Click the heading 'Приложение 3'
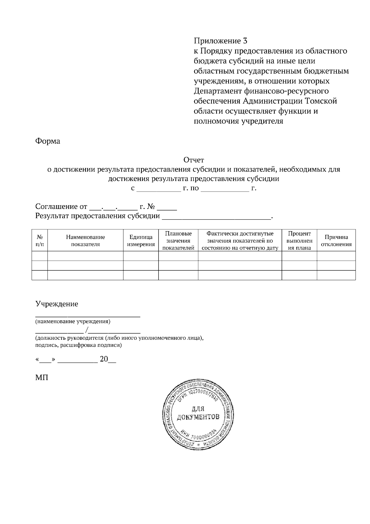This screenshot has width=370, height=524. [220, 40]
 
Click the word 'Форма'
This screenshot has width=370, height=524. [48, 141]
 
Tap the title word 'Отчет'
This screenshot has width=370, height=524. [194, 160]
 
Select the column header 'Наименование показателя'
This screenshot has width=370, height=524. [85, 241]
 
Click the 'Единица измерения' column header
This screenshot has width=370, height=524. [141, 241]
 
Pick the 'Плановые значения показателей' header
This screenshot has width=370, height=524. [178, 241]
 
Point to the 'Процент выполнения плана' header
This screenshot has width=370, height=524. [299, 241]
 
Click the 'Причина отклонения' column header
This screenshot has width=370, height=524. [336, 241]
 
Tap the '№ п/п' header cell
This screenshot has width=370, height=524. [40, 241]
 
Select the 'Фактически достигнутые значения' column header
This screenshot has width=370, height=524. [240, 241]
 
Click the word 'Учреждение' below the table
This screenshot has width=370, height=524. [57, 304]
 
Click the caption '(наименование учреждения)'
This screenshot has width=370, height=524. [73, 322]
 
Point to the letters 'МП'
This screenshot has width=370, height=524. [42, 377]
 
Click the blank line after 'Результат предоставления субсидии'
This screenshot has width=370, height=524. [216, 217]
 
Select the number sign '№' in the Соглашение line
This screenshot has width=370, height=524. [151, 206]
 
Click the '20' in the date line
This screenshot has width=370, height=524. [104, 359]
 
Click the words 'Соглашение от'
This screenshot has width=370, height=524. [61, 206]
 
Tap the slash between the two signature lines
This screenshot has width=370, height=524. [88, 331]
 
